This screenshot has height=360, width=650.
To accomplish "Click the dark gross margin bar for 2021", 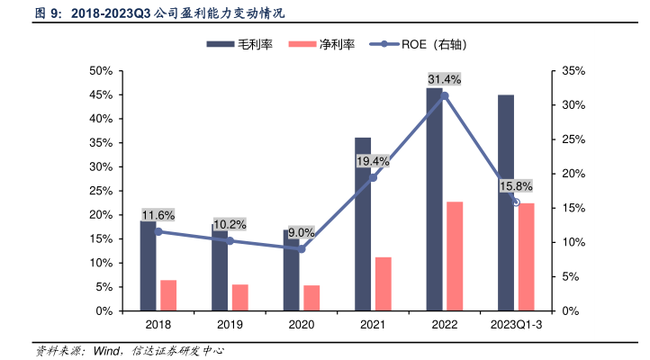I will click(363, 224).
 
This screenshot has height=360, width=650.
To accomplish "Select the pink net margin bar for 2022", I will click(455, 256).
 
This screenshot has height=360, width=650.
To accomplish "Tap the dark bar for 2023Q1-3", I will click(506, 202).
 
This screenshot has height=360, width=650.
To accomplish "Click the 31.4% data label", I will click(444, 79).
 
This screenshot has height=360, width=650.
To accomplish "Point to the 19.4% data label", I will click(373, 161).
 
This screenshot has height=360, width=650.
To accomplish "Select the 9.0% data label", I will click(302, 232).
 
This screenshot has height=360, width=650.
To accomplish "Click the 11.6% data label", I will click(158, 215).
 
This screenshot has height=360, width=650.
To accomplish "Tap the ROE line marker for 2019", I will click(230, 240).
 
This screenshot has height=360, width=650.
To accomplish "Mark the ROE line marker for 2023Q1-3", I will click(516, 202).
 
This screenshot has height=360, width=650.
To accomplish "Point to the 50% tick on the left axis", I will click(100, 71).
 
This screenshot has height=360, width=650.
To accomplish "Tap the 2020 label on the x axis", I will click(302, 326).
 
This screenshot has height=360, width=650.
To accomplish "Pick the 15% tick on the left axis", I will click(100, 238).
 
